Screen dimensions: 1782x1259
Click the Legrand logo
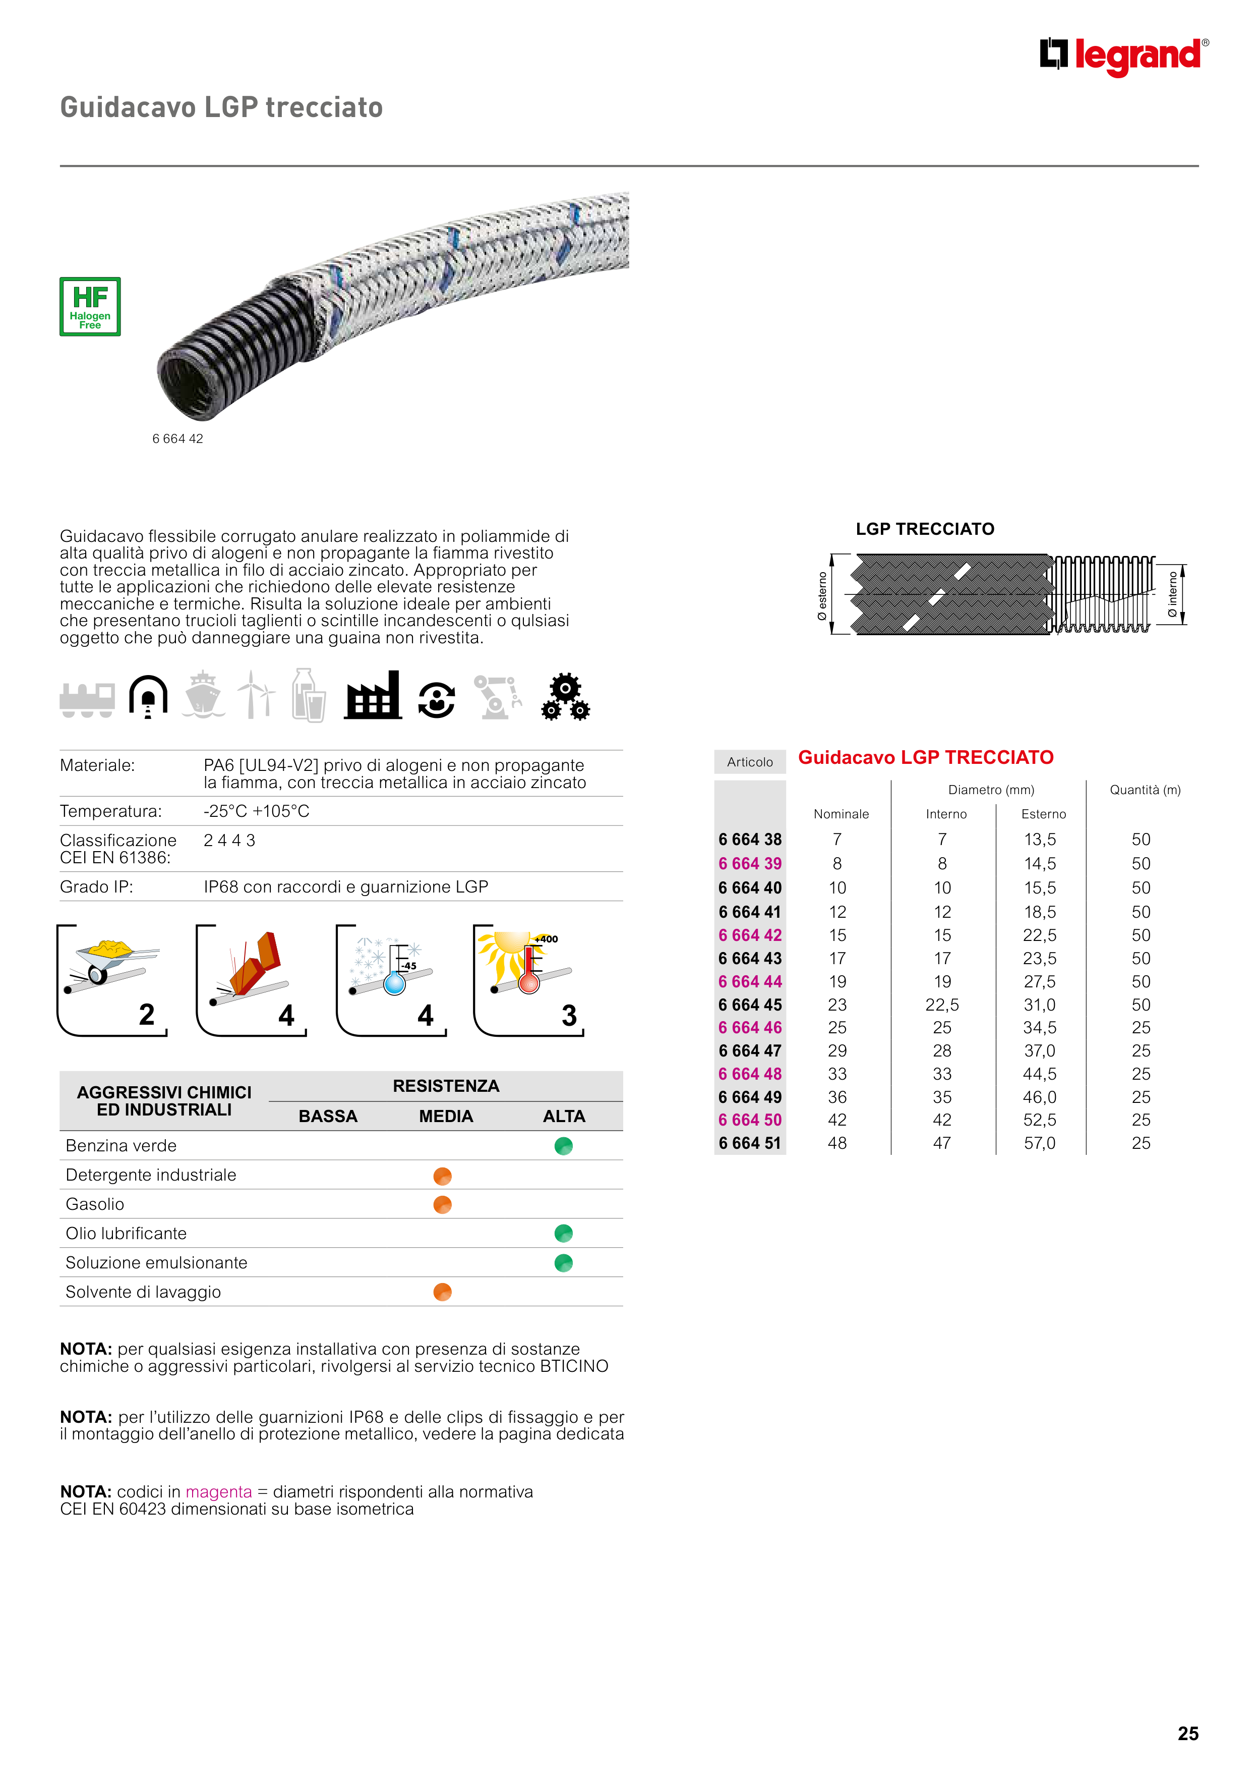click(x=1123, y=56)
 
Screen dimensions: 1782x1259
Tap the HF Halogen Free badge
click(x=90, y=307)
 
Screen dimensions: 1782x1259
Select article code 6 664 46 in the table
click(x=749, y=1028)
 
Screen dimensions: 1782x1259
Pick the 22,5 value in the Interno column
click(x=942, y=1005)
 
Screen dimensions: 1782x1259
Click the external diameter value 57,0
click(x=1040, y=1143)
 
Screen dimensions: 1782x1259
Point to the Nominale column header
click(x=841, y=814)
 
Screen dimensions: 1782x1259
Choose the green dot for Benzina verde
click(x=564, y=1146)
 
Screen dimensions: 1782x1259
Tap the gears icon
click(x=566, y=697)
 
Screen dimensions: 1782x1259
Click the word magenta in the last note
click(x=219, y=1492)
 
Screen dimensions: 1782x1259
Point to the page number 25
click(x=1187, y=1734)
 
